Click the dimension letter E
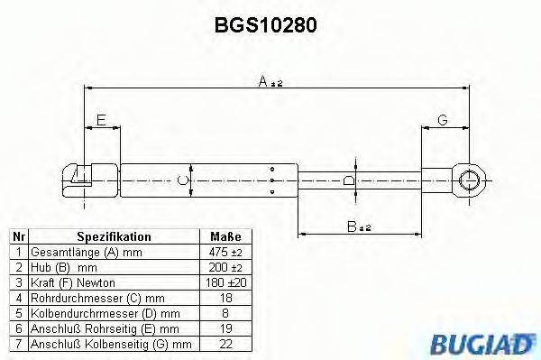pos(101,120)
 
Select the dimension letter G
pos(443,120)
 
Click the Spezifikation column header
pos(113,236)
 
